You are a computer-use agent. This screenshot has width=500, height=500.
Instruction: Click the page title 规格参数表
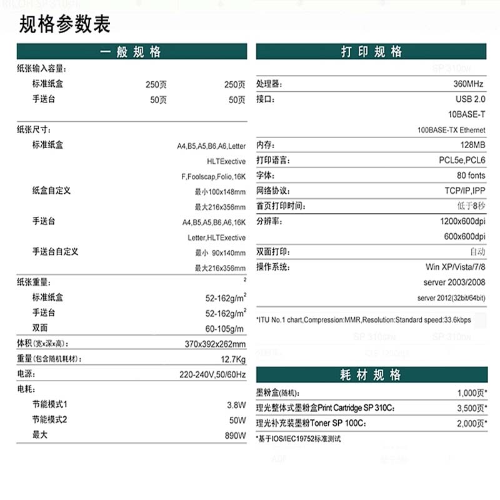[x=65, y=24]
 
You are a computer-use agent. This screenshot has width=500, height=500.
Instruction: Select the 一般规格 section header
[x=131, y=52]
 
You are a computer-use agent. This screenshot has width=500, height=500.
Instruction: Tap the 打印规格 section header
[x=371, y=52]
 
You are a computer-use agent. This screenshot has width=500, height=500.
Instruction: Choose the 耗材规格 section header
[x=371, y=375]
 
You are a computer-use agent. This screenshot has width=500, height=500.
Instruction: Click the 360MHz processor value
[x=469, y=84]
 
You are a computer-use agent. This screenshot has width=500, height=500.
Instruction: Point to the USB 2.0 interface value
[x=470, y=99]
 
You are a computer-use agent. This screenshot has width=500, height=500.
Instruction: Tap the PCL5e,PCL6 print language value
[x=462, y=161]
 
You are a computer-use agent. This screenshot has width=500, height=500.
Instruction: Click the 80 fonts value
[x=471, y=176]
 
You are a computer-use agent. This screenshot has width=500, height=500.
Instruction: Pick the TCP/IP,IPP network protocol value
[x=462, y=191]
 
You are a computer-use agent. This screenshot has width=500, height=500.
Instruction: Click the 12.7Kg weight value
[x=233, y=359]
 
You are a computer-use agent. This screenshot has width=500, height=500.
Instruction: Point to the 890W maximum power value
[x=236, y=435]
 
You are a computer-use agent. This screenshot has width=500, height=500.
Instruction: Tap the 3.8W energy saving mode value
[x=236, y=405]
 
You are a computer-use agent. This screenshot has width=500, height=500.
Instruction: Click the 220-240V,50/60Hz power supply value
[x=212, y=375]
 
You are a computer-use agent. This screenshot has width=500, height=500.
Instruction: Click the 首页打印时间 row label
[x=281, y=206]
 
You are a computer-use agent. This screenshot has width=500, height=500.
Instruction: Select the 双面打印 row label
[x=273, y=252]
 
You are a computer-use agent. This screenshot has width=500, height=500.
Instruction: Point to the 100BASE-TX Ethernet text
[x=451, y=130]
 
